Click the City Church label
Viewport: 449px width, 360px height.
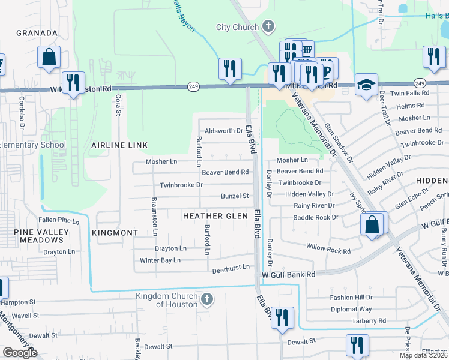coord(237,27)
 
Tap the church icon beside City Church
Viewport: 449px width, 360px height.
coord(268,27)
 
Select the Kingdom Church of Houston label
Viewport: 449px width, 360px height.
coord(166,300)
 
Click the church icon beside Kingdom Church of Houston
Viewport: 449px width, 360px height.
coord(206,299)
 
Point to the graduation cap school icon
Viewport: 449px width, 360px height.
coord(365,85)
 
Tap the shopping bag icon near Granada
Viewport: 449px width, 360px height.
coord(49,58)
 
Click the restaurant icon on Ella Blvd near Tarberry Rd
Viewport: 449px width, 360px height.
coord(282,318)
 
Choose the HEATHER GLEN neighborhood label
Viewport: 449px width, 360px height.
coord(214,216)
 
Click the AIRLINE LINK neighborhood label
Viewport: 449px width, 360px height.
coord(119,145)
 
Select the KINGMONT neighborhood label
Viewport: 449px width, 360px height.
coord(116,232)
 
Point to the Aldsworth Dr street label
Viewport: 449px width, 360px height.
coord(224,130)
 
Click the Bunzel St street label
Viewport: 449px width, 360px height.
coord(235,196)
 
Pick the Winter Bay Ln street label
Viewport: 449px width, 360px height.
coord(160,260)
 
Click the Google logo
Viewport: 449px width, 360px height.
coord(20,353)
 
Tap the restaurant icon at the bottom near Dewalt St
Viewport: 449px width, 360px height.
coord(357,345)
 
